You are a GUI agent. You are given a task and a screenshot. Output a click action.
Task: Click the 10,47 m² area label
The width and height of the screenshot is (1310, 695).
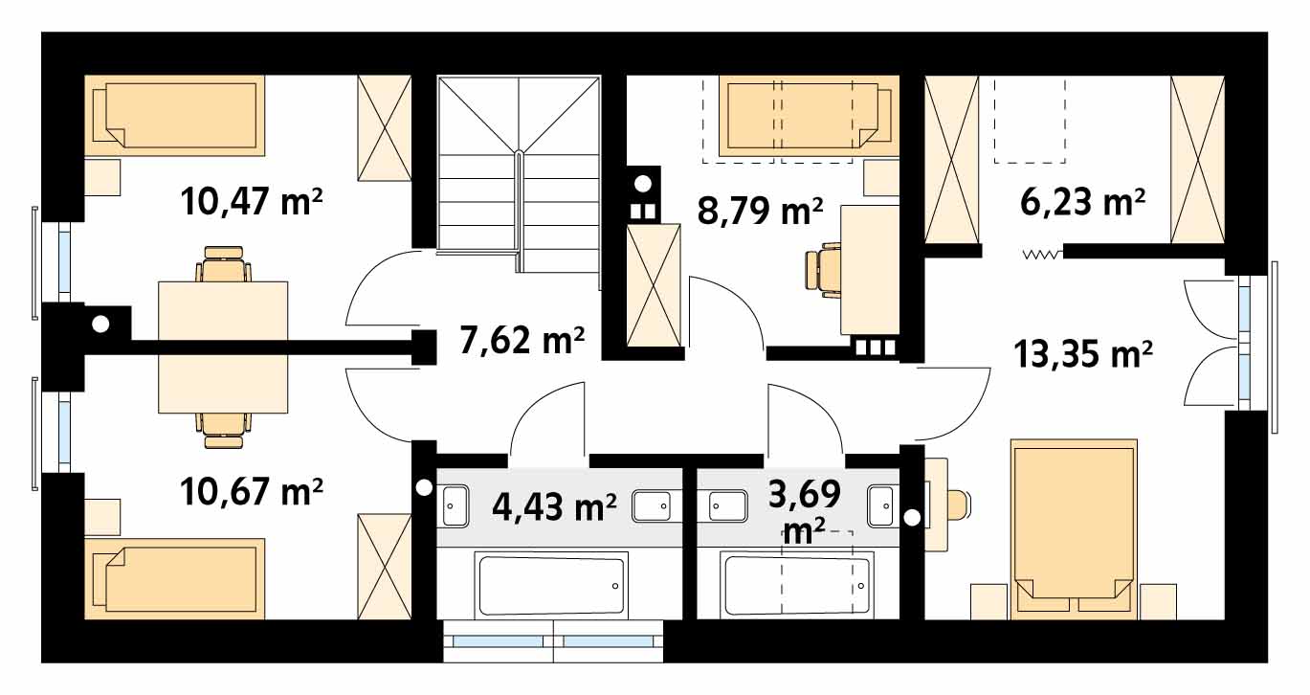(x=252, y=201)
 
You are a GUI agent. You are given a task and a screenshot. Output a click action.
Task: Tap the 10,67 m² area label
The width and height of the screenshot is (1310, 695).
(x=252, y=491)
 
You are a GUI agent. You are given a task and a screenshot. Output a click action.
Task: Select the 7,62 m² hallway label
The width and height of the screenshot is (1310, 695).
(x=522, y=340)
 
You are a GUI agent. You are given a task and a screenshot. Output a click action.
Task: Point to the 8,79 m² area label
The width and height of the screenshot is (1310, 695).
(x=761, y=211)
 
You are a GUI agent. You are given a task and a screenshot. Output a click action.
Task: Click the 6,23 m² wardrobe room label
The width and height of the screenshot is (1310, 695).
(x=1082, y=202)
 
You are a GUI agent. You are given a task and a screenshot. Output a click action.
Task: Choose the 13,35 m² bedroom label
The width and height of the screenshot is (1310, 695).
(x=1083, y=354)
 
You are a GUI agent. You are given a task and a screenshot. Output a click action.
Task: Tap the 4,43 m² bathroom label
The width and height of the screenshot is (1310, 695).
(x=554, y=506)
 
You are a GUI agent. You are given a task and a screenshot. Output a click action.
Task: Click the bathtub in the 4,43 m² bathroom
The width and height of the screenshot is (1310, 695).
(x=551, y=584)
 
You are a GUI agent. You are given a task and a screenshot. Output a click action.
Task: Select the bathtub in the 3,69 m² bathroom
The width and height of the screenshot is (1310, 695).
(x=796, y=584)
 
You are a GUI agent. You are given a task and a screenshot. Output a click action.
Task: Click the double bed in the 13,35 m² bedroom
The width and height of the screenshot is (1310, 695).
(x=1074, y=529)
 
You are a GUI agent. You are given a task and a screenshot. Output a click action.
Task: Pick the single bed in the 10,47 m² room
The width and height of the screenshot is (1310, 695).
(x=174, y=115)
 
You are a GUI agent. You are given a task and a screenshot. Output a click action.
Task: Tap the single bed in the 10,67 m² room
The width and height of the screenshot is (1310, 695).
(x=174, y=578)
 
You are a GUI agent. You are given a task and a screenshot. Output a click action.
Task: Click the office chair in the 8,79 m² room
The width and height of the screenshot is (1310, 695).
(x=823, y=274)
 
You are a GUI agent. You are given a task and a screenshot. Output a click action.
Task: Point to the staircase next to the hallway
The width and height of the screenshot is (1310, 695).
(x=519, y=174)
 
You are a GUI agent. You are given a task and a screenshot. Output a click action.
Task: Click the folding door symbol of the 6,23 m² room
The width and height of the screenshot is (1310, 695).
(x=1043, y=255)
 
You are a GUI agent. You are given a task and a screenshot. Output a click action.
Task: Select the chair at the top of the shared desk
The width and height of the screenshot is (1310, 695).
(x=223, y=264)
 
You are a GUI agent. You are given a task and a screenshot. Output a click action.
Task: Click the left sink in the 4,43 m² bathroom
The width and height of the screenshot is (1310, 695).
(x=455, y=506)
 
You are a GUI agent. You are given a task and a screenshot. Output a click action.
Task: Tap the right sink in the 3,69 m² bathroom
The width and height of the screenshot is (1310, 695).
(x=880, y=505)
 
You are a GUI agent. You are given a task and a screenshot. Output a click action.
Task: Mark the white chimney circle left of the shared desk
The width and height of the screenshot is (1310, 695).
(x=100, y=324)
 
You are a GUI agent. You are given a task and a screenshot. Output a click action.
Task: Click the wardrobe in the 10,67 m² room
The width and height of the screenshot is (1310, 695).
(x=385, y=567)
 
